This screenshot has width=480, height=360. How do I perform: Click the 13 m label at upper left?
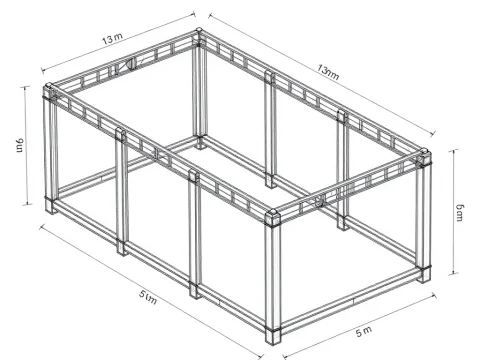tap(112, 40)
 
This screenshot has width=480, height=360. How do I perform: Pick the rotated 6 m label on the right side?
tap(460, 210)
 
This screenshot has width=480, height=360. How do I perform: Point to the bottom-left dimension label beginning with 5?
tap(148, 296)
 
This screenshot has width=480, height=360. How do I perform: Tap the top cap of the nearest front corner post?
tap(273, 215)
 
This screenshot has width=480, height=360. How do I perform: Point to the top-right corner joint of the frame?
tap(424, 158)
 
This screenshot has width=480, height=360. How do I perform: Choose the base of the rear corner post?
tap(201, 142)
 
